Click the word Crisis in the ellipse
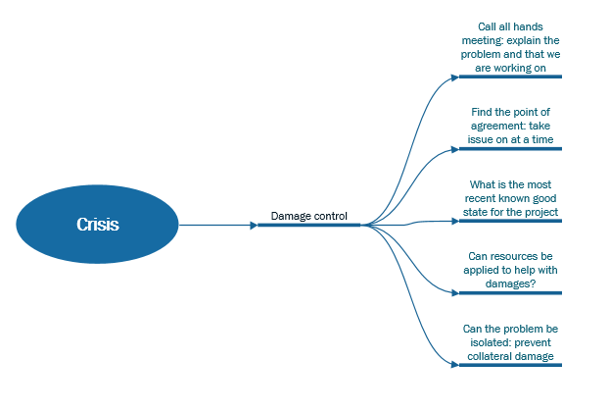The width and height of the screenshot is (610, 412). pyautogui.click(x=98, y=224)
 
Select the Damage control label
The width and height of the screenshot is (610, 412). pyautogui.click(x=308, y=216)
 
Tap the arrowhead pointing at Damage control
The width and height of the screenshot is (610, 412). pyautogui.click(x=254, y=225)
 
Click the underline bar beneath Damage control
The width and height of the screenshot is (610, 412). pyautogui.click(x=308, y=225)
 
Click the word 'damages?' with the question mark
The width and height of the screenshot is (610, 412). pyautogui.click(x=510, y=283)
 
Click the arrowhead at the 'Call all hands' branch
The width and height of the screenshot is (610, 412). pyautogui.click(x=455, y=77)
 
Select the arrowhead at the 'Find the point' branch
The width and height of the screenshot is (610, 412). pyautogui.click(x=455, y=150)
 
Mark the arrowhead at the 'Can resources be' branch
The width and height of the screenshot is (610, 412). pyautogui.click(x=455, y=293)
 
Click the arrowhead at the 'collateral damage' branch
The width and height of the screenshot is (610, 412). pyautogui.click(x=455, y=365)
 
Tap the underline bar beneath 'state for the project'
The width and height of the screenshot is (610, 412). pyautogui.click(x=510, y=221)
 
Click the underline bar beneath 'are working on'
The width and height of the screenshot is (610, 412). pyautogui.click(x=510, y=77)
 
